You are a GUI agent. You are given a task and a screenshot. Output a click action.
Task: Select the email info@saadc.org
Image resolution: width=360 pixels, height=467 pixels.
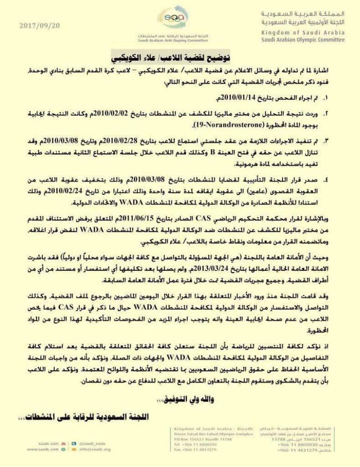(95, 449)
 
